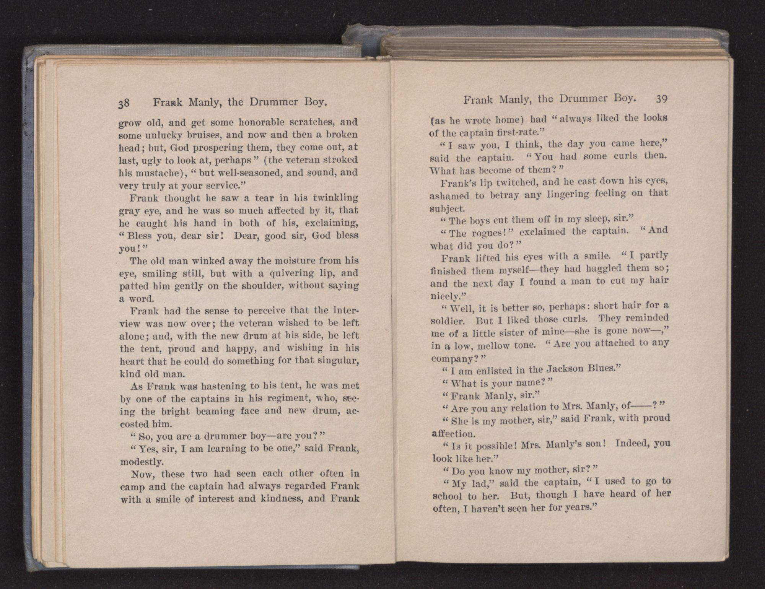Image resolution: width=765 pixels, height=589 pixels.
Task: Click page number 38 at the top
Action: coord(124,103)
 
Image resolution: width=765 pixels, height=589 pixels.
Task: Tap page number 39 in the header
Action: coord(661,99)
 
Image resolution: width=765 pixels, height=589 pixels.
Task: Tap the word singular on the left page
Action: coord(338,361)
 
